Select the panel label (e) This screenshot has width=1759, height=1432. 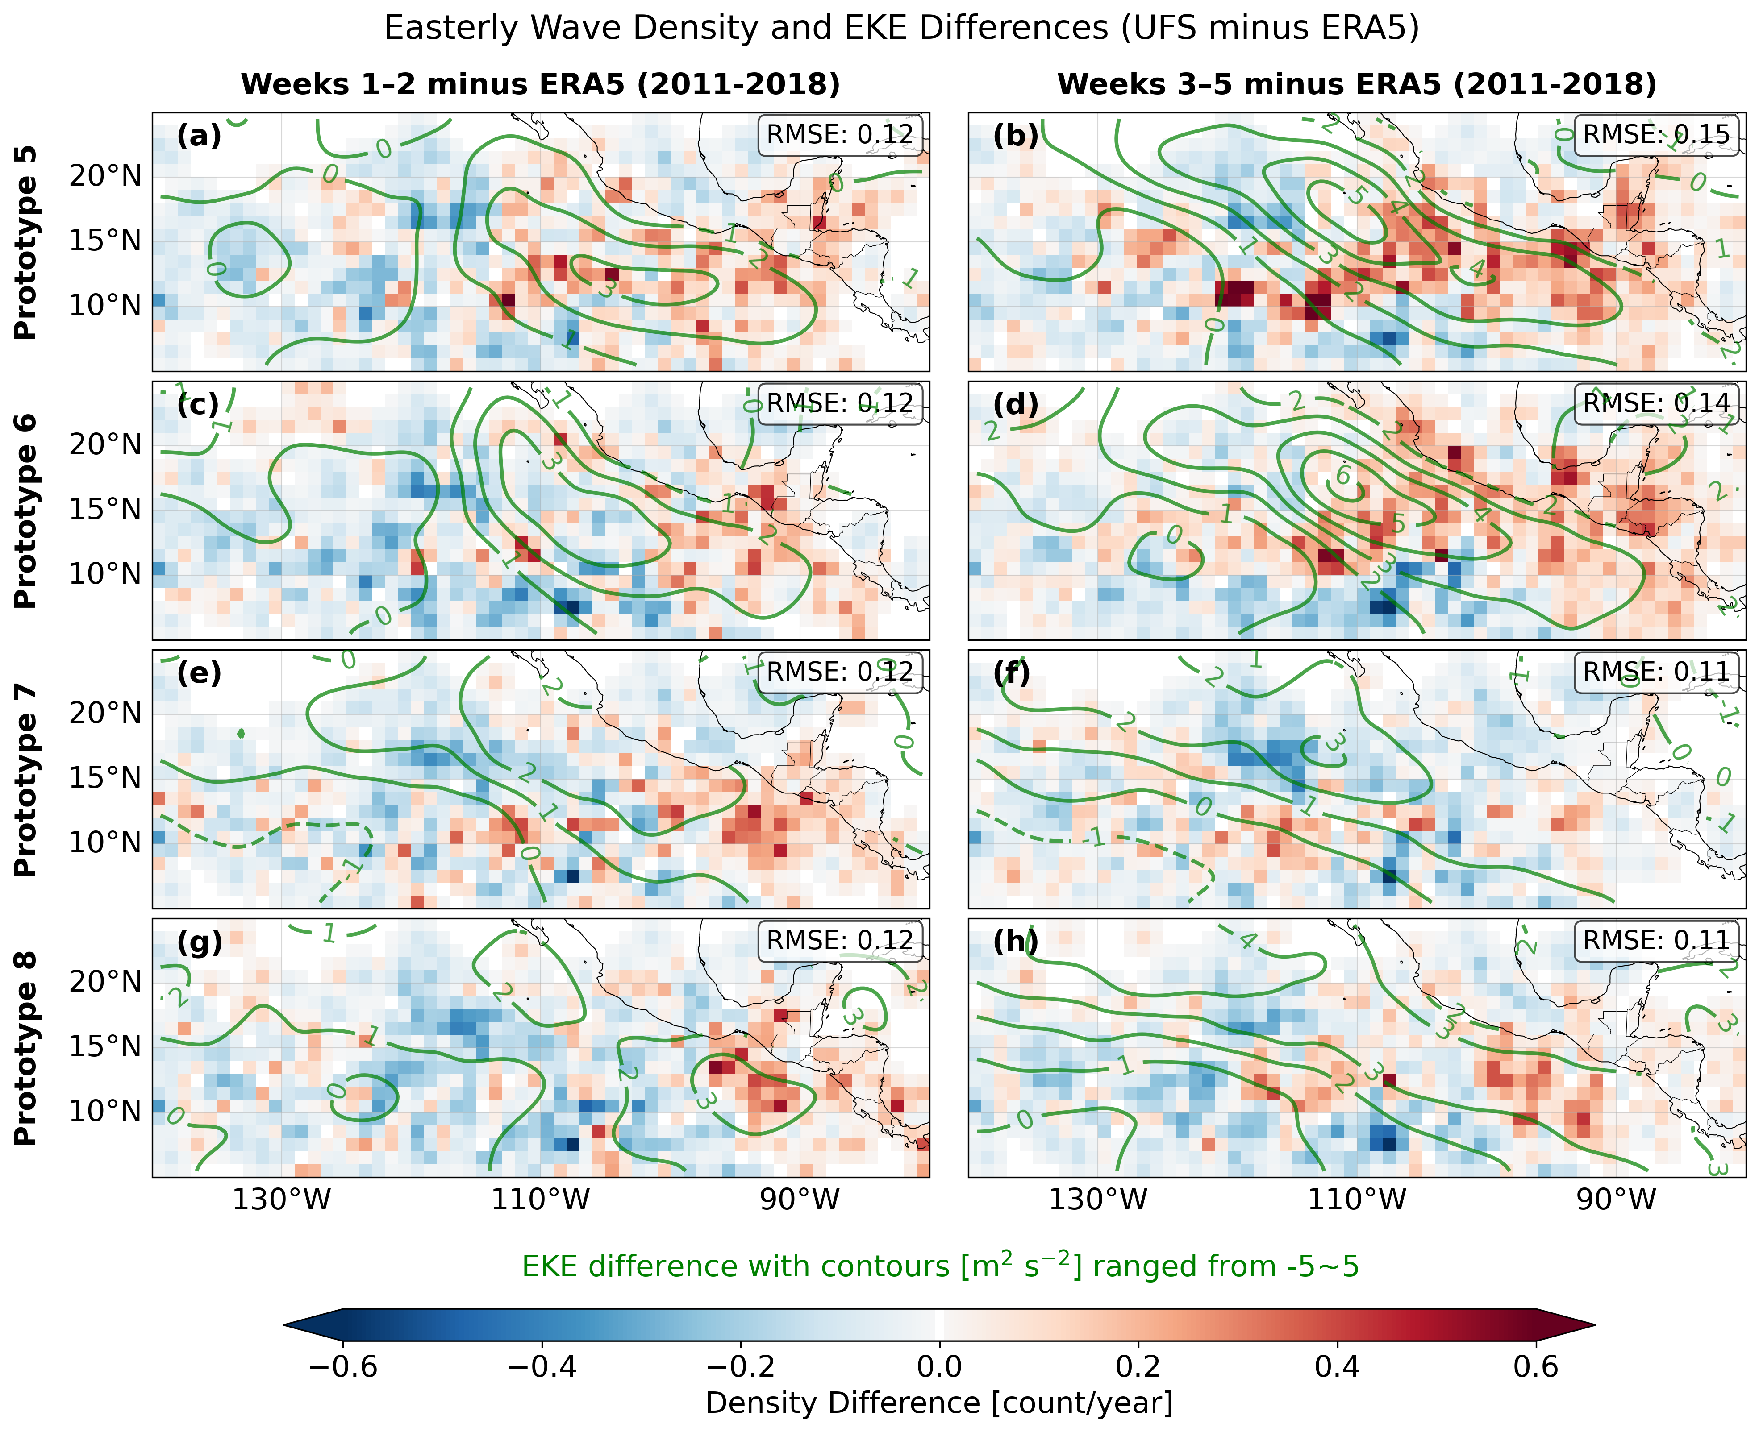pyautogui.click(x=199, y=672)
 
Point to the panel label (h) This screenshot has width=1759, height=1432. pyautogui.click(x=1015, y=941)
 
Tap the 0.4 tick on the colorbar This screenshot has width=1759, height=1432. pyautogui.click(x=1337, y=1367)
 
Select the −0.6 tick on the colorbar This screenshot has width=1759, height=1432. pyautogui.click(x=343, y=1367)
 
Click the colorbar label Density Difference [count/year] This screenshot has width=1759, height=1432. pyautogui.click(x=939, y=1402)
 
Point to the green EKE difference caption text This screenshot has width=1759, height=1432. pyautogui.click(x=939, y=1266)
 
